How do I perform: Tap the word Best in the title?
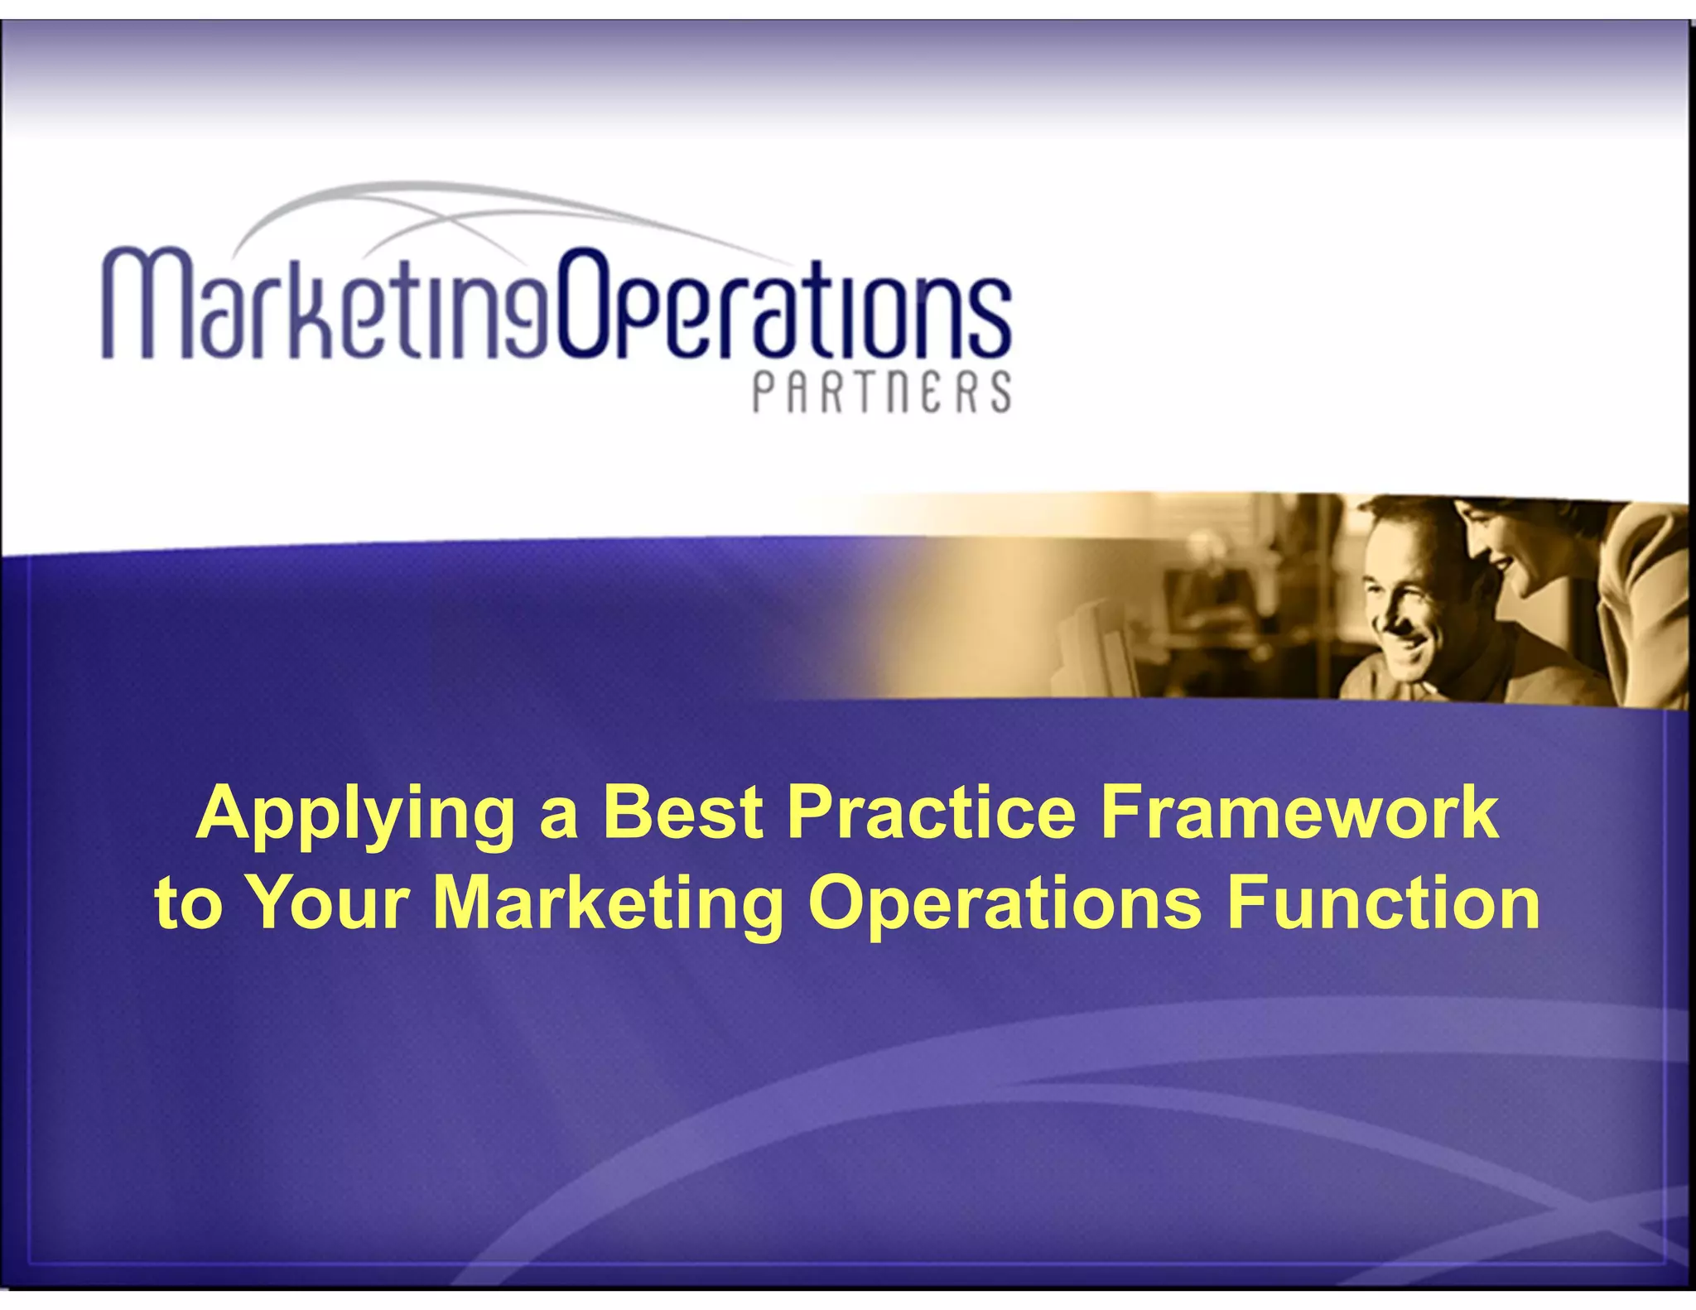(x=682, y=813)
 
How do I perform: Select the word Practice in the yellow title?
(x=930, y=813)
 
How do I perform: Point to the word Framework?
(x=1298, y=813)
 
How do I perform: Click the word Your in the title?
(x=329, y=903)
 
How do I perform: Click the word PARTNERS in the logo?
(x=882, y=392)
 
